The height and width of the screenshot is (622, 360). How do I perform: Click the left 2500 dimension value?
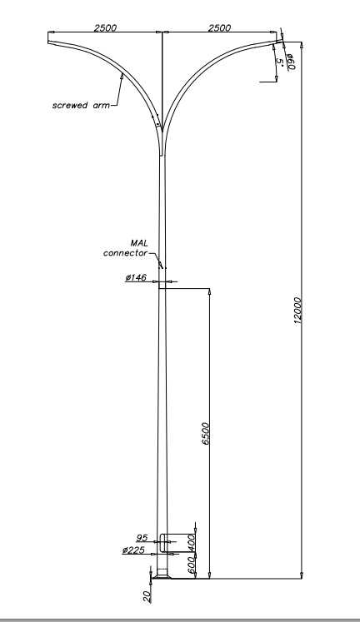tap(105, 27)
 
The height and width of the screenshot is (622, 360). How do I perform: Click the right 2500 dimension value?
tap(219, 27)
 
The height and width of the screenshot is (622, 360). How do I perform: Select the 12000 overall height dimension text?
tap(297, 311)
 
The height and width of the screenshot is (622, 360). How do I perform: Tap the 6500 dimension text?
tap(206, 434)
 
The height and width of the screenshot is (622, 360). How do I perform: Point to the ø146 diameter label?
tap(136, 277)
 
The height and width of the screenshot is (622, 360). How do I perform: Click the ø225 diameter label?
tap(134, 550)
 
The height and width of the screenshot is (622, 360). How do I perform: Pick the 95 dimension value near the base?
tap(142, 538)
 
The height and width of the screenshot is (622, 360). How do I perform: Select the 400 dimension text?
tap(192, 543)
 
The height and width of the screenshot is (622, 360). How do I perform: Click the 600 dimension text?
tap(192, 565)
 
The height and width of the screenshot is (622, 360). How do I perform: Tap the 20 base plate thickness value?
tap(147, 596)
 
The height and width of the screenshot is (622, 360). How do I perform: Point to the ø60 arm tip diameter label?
tap(291, 62)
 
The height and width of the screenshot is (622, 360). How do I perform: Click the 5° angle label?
tap(279, 62)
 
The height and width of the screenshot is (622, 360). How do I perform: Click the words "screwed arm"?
tap(81, 106)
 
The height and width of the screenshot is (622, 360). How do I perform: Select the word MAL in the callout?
tap(139, 243)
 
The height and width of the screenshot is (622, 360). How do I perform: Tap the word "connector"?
tap(126, 253)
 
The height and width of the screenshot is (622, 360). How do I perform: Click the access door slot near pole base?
tap(162, 543)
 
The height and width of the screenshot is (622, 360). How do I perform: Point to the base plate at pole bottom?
tap(162, 576)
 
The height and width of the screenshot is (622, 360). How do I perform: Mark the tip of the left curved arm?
tap(48, 37)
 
